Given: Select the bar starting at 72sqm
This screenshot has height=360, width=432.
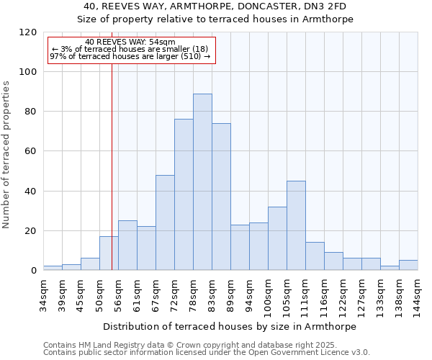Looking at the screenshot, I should click(x=184, y=194).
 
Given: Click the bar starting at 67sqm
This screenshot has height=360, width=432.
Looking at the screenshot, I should click(x=165, y=222).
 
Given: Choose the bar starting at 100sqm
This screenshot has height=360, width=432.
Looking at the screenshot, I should click(x=277, y=238).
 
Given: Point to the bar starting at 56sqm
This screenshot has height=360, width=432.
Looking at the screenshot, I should click(x=127, y=246).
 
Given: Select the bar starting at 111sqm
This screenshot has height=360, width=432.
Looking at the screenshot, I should click(x=315, y=256).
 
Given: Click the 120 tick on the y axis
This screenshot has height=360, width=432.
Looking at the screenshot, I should click(x=28, y=32).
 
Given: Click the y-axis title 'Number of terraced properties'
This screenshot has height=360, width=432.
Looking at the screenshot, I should click(x=7, y=154).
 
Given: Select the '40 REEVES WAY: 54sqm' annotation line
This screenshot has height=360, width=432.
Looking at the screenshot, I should click(x=130, y=42).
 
